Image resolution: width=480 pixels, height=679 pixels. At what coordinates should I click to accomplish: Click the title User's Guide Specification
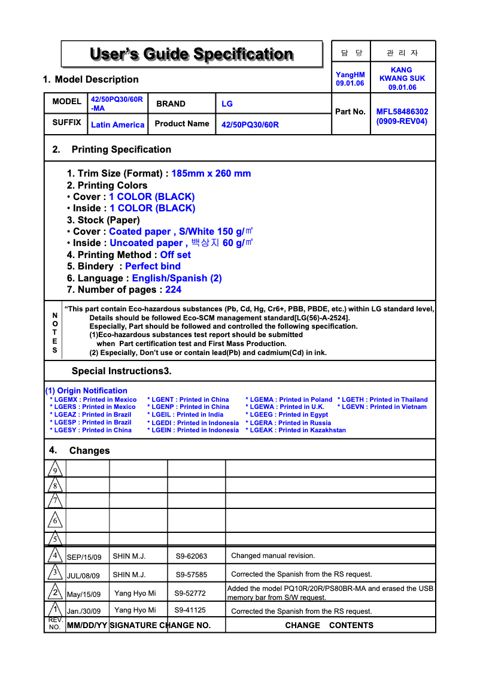point(192,54)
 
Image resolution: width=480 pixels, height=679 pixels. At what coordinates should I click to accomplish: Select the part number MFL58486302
point(402,111)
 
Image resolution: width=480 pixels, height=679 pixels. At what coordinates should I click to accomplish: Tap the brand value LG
point(227,104)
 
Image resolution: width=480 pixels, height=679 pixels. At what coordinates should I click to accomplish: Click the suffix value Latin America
point(117,125)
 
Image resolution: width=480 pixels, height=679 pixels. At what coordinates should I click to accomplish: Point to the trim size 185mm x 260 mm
point(211,174)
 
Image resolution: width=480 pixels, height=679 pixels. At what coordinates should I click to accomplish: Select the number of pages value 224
point(173,290)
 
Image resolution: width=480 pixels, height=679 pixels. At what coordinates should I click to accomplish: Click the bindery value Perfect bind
point(153,266)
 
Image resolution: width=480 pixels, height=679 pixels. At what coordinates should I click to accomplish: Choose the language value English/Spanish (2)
point(177,278)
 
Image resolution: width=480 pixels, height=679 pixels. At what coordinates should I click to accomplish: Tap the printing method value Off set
point(175,255)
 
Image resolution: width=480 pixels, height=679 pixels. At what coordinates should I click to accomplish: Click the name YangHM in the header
point(350,75)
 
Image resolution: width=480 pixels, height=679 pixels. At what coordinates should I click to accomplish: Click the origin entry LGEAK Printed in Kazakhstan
point(295,431)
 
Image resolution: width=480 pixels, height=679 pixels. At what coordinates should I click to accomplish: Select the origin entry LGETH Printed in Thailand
point(382,400)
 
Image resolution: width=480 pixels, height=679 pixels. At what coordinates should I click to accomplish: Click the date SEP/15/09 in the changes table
point(84,557)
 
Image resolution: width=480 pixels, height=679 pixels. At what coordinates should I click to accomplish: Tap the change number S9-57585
point(191,575)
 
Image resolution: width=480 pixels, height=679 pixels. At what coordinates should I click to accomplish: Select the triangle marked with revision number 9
point(54,469)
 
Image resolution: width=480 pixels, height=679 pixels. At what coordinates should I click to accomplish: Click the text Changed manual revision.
point(273,556)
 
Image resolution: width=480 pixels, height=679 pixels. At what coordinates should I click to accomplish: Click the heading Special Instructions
point(121,371)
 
